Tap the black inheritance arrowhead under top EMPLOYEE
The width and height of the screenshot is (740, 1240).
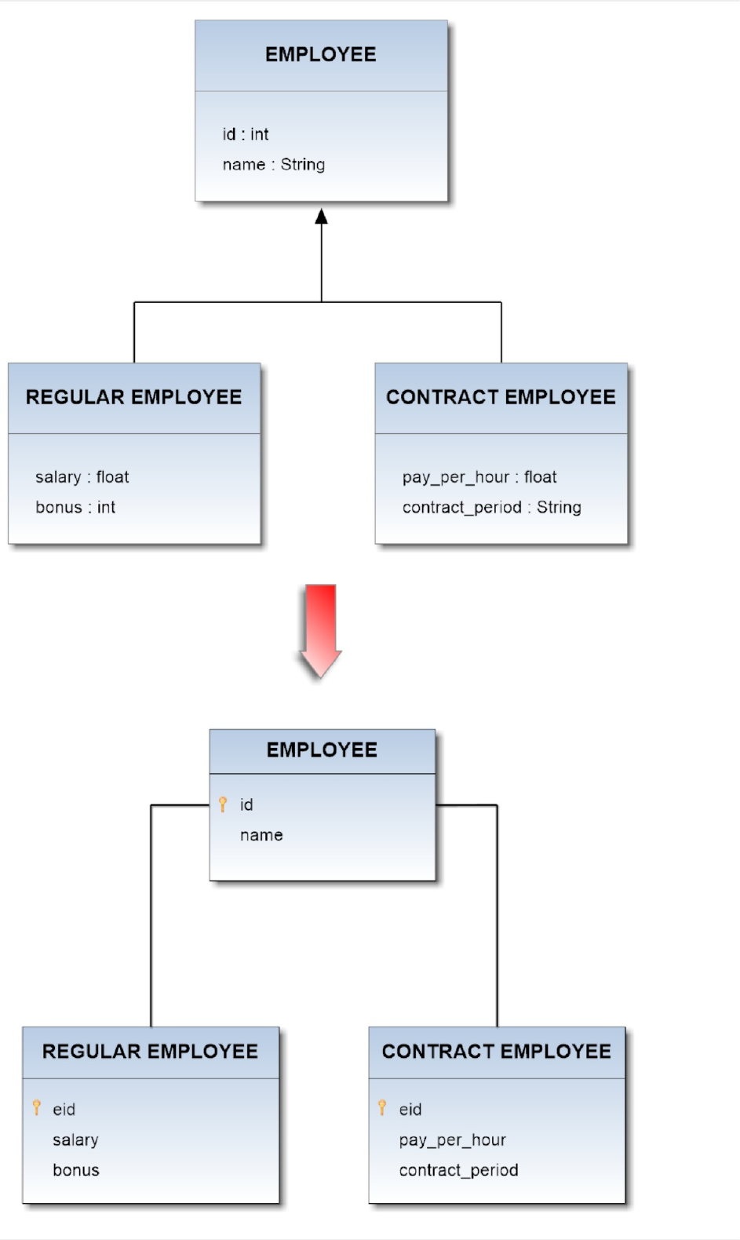321,216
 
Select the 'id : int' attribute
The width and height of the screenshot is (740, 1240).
245,134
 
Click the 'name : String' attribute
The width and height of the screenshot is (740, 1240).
273,165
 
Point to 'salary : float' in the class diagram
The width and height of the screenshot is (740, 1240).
82,477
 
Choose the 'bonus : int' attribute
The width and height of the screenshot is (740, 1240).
75,508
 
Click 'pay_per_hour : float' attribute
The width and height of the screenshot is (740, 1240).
479,477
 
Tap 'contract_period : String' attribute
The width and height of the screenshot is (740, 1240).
491,508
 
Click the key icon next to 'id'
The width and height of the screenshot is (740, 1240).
223,804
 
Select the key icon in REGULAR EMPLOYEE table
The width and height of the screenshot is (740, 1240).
36,1107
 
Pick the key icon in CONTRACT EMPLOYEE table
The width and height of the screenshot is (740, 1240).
382,1107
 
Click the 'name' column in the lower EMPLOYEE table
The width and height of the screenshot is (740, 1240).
261,835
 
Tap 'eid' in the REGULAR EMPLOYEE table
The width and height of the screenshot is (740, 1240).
64,1110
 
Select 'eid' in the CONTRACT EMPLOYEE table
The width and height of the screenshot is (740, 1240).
410,1110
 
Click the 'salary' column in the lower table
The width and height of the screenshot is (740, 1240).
75,1140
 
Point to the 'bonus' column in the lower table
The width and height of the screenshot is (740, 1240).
76,1170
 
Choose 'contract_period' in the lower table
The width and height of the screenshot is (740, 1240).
458,1170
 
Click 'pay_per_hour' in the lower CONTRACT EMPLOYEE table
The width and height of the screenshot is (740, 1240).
452,1140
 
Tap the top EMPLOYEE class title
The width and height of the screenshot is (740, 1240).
321,54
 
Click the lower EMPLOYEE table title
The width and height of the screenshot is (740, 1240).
322,750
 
